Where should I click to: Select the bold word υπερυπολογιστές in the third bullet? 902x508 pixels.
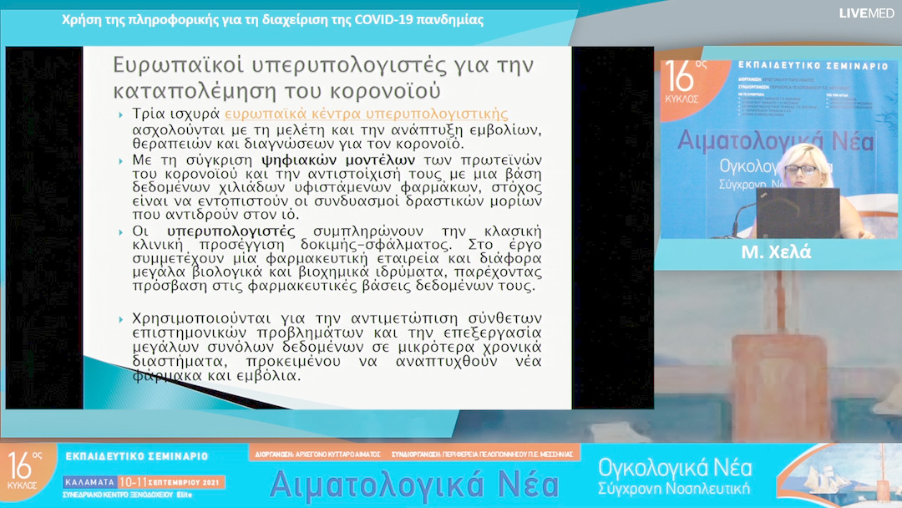click(x=231, y=231)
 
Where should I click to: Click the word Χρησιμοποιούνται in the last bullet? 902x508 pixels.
click(x=210, y=318)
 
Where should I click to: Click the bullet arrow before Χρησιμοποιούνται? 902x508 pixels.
click(x=122, y=319)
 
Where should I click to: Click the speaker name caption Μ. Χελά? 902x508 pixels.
click(x=777, y=253)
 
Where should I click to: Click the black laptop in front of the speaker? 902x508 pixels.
click(x=797, y=212)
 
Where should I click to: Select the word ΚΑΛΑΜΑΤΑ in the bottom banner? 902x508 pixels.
click(x=89, y=483)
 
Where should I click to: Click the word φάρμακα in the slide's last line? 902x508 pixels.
click(x=159, y=377)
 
